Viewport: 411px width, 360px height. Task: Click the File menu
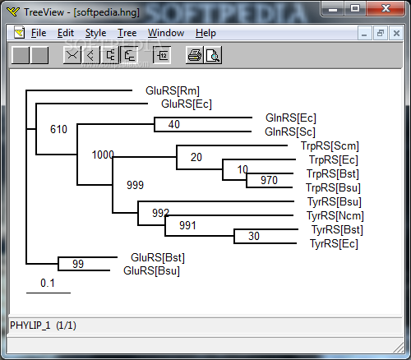tap(39, 33)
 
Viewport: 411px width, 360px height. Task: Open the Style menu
tap(95, 33)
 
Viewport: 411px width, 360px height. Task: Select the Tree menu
tap(127, 33)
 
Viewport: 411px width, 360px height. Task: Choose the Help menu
tap(205, 33)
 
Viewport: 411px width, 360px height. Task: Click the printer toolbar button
tap(195, 55)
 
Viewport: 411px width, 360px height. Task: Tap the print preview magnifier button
tap(213, 55)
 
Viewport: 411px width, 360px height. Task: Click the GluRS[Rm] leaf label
tap(173, 90)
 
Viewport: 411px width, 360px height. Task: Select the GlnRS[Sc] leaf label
tap(290, 132)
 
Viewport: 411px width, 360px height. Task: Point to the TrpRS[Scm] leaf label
tap(330, 145)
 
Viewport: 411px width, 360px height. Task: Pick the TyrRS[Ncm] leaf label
tap(335, 215)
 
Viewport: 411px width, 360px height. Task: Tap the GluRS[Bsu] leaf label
tap(151, 271)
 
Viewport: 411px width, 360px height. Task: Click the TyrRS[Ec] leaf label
tap(334, 243)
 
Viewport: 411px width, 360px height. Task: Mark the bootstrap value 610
tap(58, 129)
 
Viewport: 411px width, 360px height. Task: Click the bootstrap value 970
tap(269, 180)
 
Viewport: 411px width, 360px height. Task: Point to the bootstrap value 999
tap(135, 185)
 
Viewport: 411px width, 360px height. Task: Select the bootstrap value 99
tap(78, 264)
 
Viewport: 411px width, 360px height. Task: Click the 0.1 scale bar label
tap(48, 283)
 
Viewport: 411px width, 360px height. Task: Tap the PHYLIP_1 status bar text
tap(30, 325)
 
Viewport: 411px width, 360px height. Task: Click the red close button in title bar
tap(386, 8)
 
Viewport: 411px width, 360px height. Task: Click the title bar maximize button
tap(355, 8)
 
